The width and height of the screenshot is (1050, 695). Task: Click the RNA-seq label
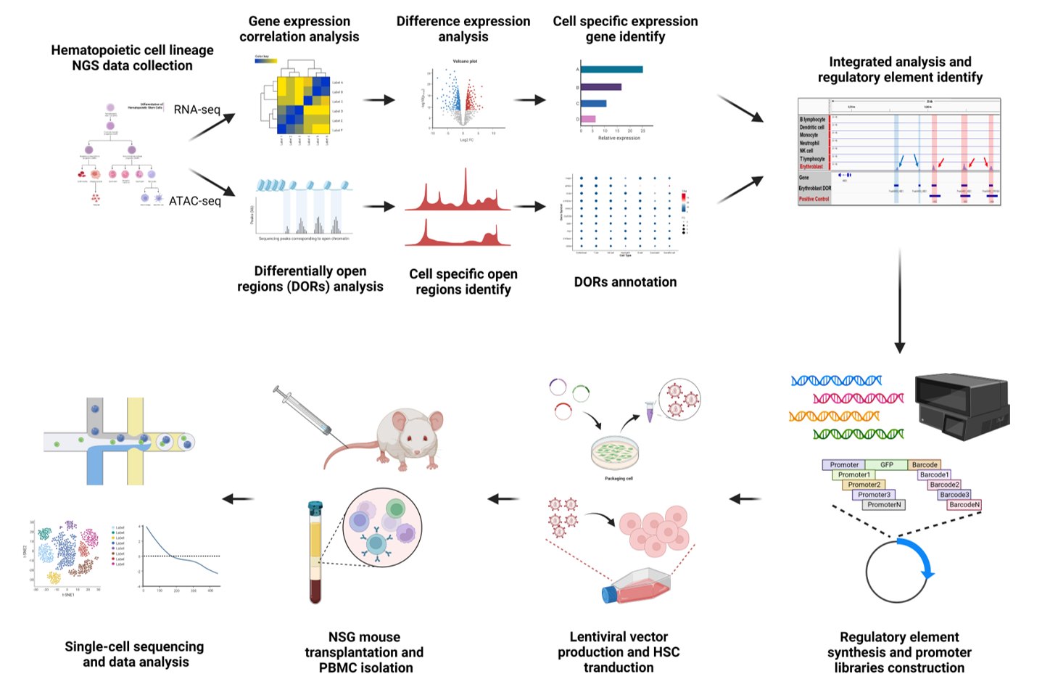[197, 110]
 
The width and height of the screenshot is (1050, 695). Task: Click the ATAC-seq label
[194, 201]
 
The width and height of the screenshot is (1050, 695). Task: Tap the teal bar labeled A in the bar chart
[611, 70]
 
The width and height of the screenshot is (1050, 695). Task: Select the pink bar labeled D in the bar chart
[587, 119]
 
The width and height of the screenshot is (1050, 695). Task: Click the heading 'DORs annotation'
[625, 282]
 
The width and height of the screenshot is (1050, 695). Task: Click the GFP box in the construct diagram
[886, 464]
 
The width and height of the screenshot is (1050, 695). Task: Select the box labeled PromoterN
[884, 504]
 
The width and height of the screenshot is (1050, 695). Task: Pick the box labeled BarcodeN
[964, 504]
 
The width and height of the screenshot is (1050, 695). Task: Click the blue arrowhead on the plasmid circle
[927, 573]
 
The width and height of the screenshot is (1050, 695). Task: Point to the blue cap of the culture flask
[610, 595]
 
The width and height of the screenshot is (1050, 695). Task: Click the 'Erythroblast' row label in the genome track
[811, 167]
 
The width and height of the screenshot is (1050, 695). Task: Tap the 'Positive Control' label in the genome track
[814, 199]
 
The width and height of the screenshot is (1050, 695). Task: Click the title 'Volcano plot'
[465, 62]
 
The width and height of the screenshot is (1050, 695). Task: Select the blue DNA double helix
[836, 380]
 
